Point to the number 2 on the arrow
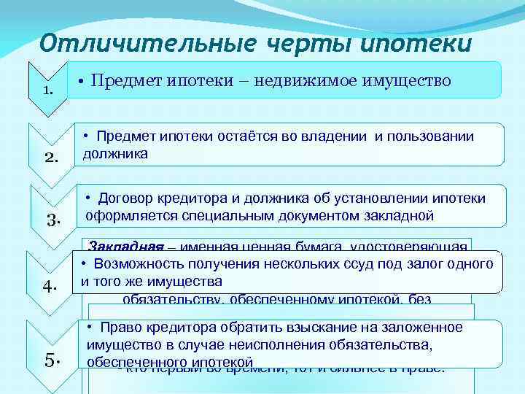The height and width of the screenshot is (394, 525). (x=50, y=156)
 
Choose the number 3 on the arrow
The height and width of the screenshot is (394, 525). (x=52, y=219)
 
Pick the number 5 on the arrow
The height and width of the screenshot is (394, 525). (x=51, y=360)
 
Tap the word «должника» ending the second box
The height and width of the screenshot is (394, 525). (x=115, y=153)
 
